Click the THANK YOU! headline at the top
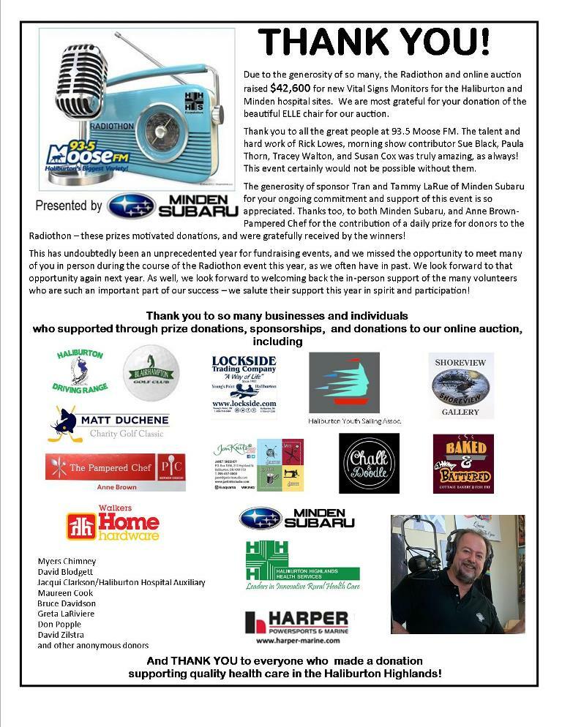pos(374,42)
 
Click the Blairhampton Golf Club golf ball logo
pos(151,373)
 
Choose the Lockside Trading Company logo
pos(244,386)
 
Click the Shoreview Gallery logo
pos(460,385)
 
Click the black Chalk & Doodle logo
pos(369,463)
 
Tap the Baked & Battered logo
pos(462,463)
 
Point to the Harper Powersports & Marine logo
pos(296,625)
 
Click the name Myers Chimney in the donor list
pos(67,562)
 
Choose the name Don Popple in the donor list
pos(59,625)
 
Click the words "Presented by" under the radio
pos(69,206)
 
